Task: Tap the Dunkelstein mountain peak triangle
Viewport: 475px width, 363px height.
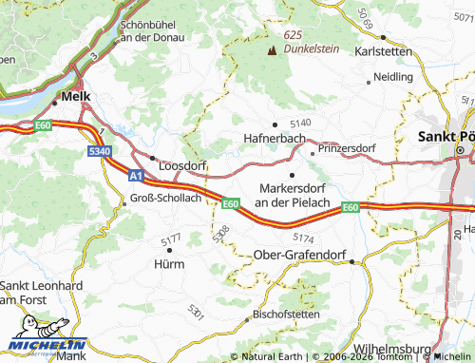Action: pyautogui.click(x=273, y=48)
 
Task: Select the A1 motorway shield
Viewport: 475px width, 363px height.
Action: pyautogui.click(x=136, y=176)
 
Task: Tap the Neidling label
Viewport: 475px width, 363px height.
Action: pyautogui.click(x=393, y=76)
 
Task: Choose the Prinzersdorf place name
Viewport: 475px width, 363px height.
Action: pyautogui.click(x=348, y=149)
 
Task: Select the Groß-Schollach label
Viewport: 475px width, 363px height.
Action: pyautogui.click(x=164, y=198)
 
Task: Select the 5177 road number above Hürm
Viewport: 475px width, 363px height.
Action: pyautogui.click(x=171, y=238)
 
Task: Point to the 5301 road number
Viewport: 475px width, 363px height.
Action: pyautogui.click(x=196, y=311)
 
